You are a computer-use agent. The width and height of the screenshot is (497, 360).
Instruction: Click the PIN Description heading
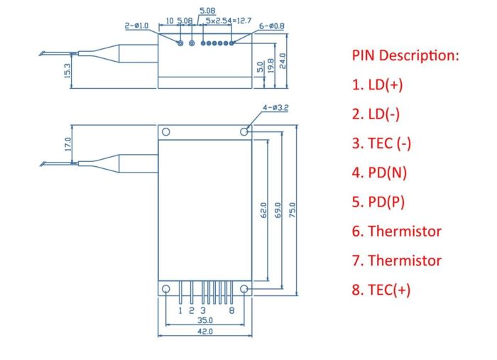pos(405,56)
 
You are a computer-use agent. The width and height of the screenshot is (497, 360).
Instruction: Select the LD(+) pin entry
pos(377,84)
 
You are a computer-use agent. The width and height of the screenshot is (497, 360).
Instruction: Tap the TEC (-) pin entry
pos(381,143)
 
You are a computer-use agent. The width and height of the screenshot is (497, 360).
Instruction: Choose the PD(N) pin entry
pos(379,173)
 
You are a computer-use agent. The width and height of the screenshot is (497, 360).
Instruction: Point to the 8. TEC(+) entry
pos(381,290)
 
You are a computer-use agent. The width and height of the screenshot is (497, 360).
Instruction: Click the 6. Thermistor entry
pos(396,231)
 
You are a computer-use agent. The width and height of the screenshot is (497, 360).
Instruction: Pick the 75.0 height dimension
pos(293,210)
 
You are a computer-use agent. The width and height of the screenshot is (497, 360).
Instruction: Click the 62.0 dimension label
pos(263,210)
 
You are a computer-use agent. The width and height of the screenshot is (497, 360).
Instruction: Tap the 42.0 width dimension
pos(205,331)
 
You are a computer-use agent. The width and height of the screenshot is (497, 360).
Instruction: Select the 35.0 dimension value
pos(205,320)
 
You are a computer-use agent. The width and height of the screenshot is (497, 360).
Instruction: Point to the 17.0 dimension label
pos(68,144)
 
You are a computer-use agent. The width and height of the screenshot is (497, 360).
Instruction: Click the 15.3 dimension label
pos(67,71)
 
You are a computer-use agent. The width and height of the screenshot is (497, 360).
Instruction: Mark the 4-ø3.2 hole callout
pos(275,108)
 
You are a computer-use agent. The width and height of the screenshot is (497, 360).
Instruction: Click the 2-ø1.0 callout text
pos(136,26)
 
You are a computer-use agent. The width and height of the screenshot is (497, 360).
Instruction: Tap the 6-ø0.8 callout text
pos(272,26)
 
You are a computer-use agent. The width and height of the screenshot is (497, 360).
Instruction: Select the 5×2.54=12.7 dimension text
pos(228,21)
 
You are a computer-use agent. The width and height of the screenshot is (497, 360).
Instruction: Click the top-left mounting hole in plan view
pos(165,131)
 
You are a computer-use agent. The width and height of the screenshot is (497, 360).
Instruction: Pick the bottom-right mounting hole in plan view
pos(244,289)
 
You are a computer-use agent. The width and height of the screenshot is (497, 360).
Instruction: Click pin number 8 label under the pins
pos(231,310)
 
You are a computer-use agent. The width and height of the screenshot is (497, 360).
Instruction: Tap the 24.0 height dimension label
pos(283,61)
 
